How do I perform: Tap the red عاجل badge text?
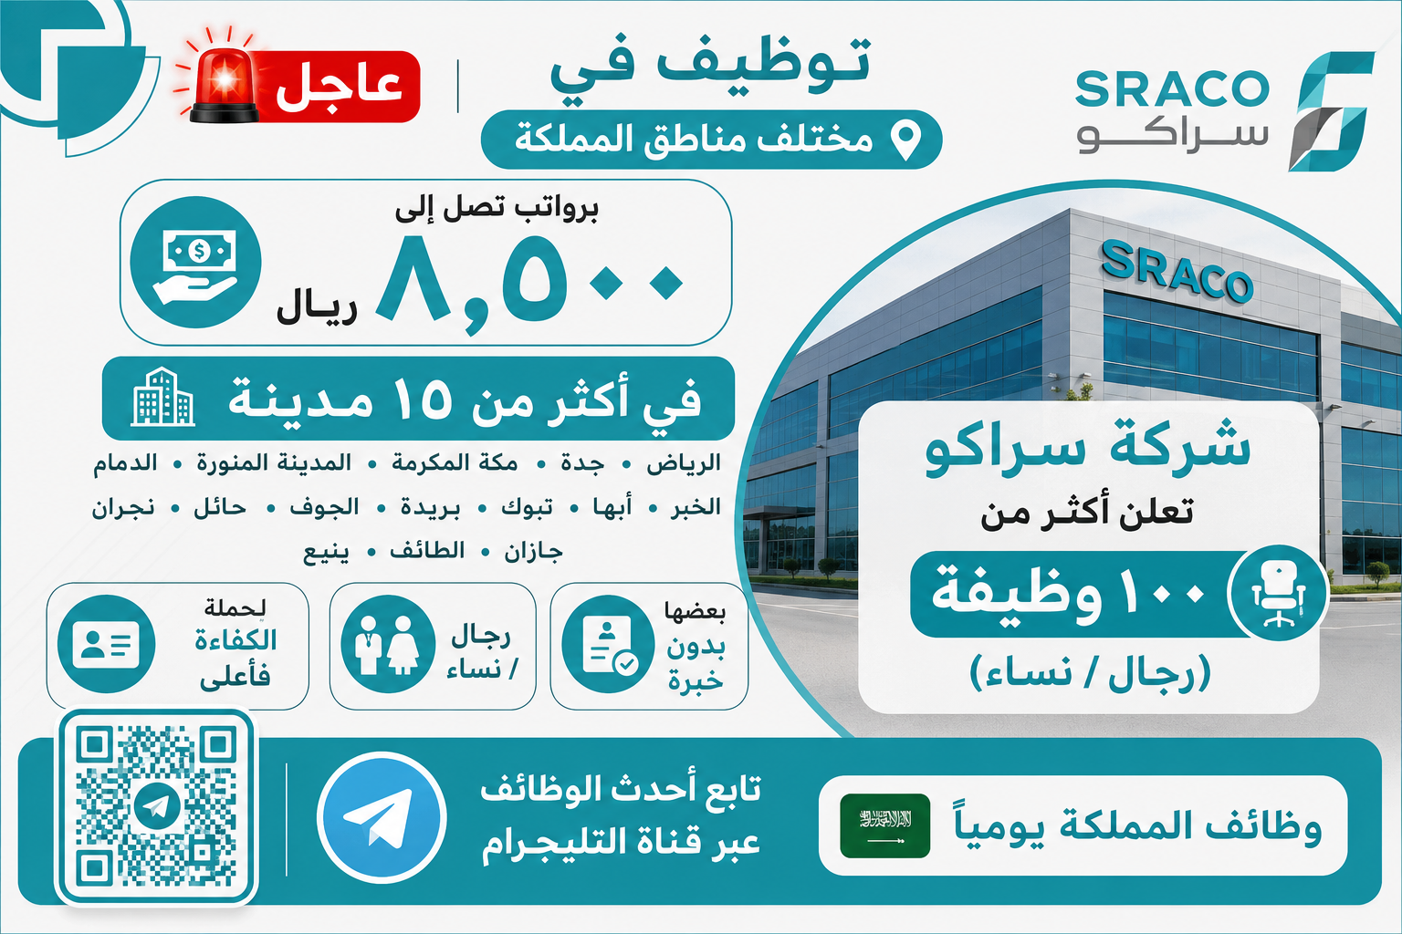(340, 87)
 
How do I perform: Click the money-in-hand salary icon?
(196, 262)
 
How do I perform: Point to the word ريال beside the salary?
(317, 309)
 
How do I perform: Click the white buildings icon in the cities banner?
(162, 398)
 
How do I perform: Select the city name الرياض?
(684, 463)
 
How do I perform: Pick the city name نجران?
(123, 507)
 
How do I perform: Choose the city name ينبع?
(326, 553)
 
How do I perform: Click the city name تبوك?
(527, 507)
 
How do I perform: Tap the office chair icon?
(1279, 593)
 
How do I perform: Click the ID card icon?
(107, 644)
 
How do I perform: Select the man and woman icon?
(388, 644)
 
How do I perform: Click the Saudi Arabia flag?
(885, 825)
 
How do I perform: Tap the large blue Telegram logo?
(382, 817)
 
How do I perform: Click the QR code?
(156, 805)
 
